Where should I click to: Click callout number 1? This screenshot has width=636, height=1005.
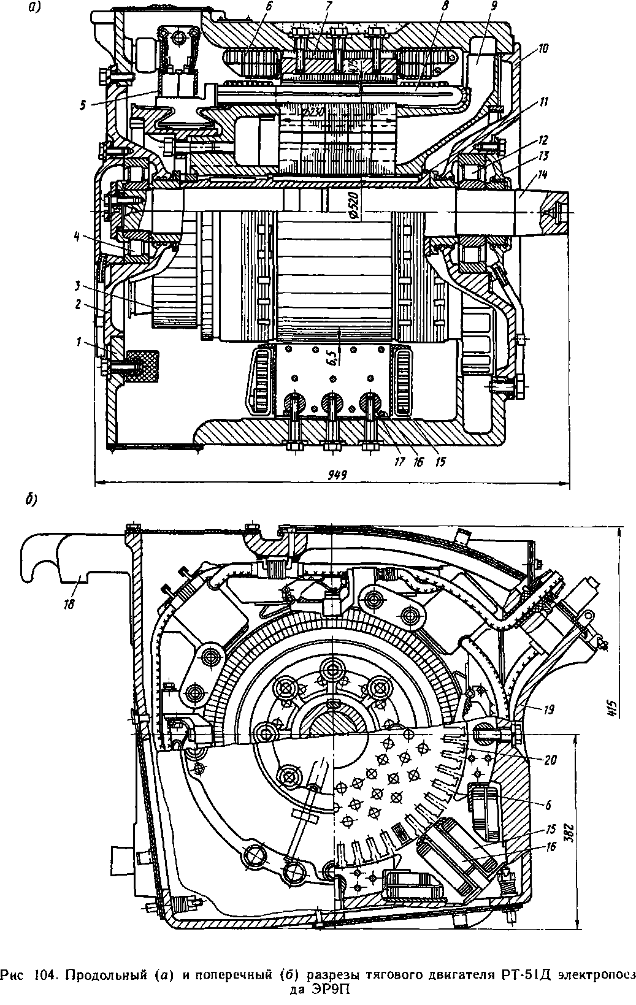click(79, 343)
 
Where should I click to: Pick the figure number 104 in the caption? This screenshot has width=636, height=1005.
click(44, 974)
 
